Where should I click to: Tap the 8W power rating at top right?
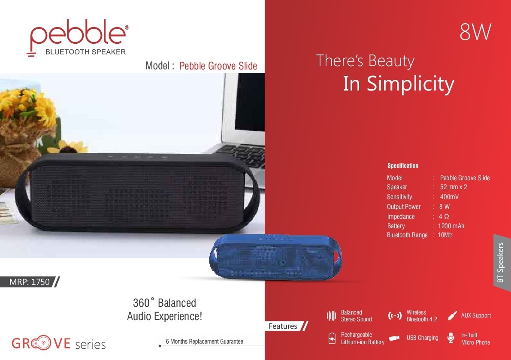(475, 32)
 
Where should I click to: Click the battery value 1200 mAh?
(451, 226)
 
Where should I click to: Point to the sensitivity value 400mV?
(449, 197)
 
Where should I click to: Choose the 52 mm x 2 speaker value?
(454, 187)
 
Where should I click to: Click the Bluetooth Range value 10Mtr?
(445, 235)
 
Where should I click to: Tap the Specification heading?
(403, 166)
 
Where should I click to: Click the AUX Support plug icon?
(452, 315)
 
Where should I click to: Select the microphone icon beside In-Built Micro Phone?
(451, 338)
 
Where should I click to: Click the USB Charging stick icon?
(394, 338)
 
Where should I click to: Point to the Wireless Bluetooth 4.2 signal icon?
(395, 316)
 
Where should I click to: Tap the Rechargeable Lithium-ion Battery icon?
(332, 338)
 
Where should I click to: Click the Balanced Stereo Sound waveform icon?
(331, 316)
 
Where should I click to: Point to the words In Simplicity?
(398, 84)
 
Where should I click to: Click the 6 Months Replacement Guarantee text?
(204, 342)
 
